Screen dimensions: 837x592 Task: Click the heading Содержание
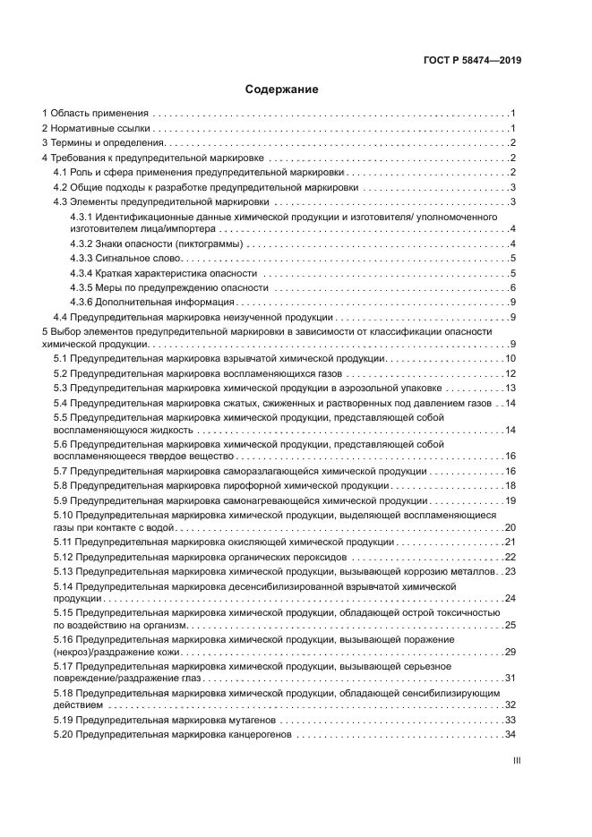pyautogui.click(x=282, y=90)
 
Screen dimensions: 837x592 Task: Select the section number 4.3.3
pyautogui.click(x=82, y=258)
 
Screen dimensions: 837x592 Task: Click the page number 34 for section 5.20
pyautogui.click(x=511, y=735)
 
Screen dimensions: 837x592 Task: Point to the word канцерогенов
pyautogui.click(x=260, y=735)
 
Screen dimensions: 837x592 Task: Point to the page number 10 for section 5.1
pyautogui.click(x=511, y=358)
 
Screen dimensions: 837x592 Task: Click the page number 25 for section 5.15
pyautogui.click(x=511, y=624)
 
